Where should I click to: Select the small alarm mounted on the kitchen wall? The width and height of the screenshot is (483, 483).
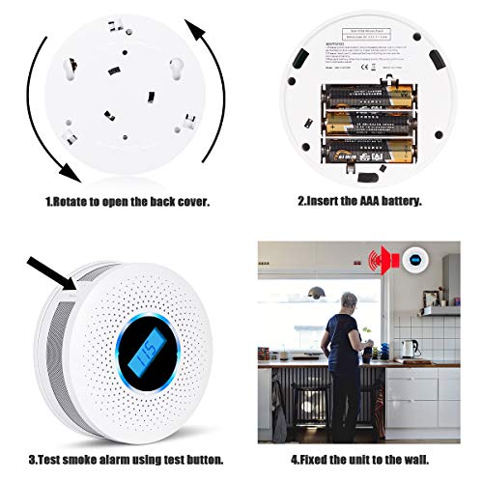pos(415,259)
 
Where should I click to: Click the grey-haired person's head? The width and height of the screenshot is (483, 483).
pos(343,296)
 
